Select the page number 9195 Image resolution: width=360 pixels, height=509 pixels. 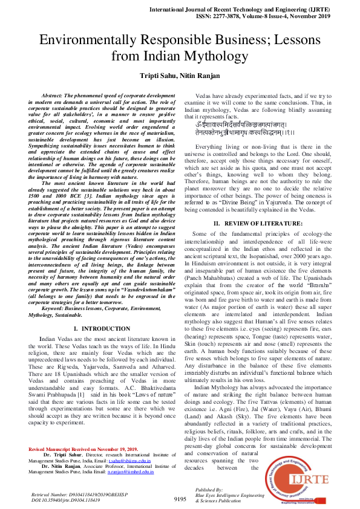coord(180,499)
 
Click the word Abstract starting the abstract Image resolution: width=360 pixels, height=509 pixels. coord(52,96)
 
